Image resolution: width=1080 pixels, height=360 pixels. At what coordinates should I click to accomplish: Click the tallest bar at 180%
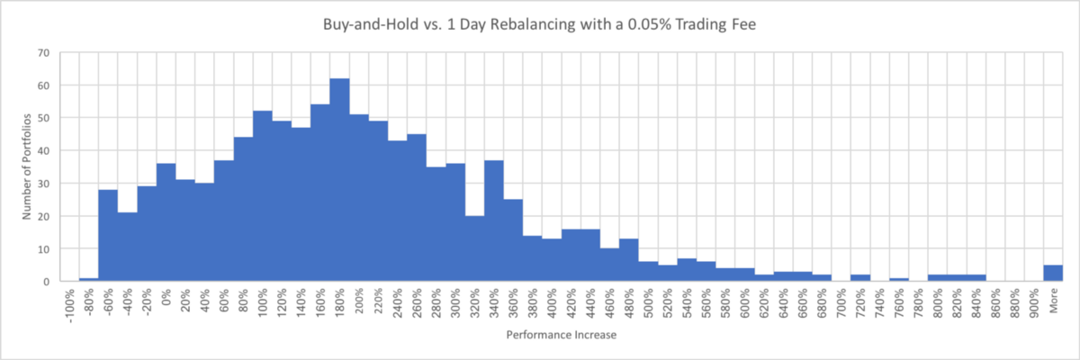pos(339,180)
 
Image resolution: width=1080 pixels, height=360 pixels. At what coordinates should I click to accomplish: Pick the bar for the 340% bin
pos(493,221)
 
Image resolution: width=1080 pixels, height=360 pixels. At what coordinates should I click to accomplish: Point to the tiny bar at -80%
pos(88,279)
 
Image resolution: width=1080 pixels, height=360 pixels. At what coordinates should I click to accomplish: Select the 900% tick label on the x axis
pos(1033,302)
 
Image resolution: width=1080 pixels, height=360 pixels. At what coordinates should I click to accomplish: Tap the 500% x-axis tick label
pos(648,302)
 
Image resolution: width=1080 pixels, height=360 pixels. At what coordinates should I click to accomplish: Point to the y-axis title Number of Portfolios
pos(27,166)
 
